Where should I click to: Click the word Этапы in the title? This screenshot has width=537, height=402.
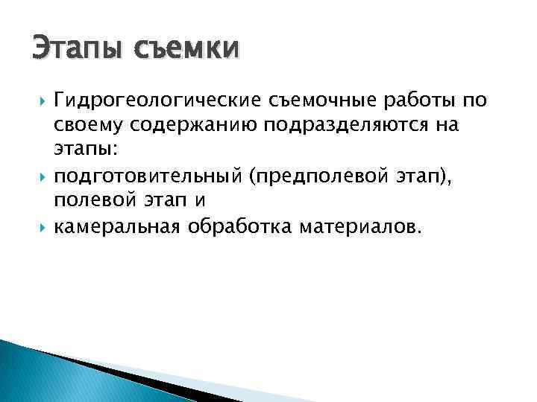click(70, 50)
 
